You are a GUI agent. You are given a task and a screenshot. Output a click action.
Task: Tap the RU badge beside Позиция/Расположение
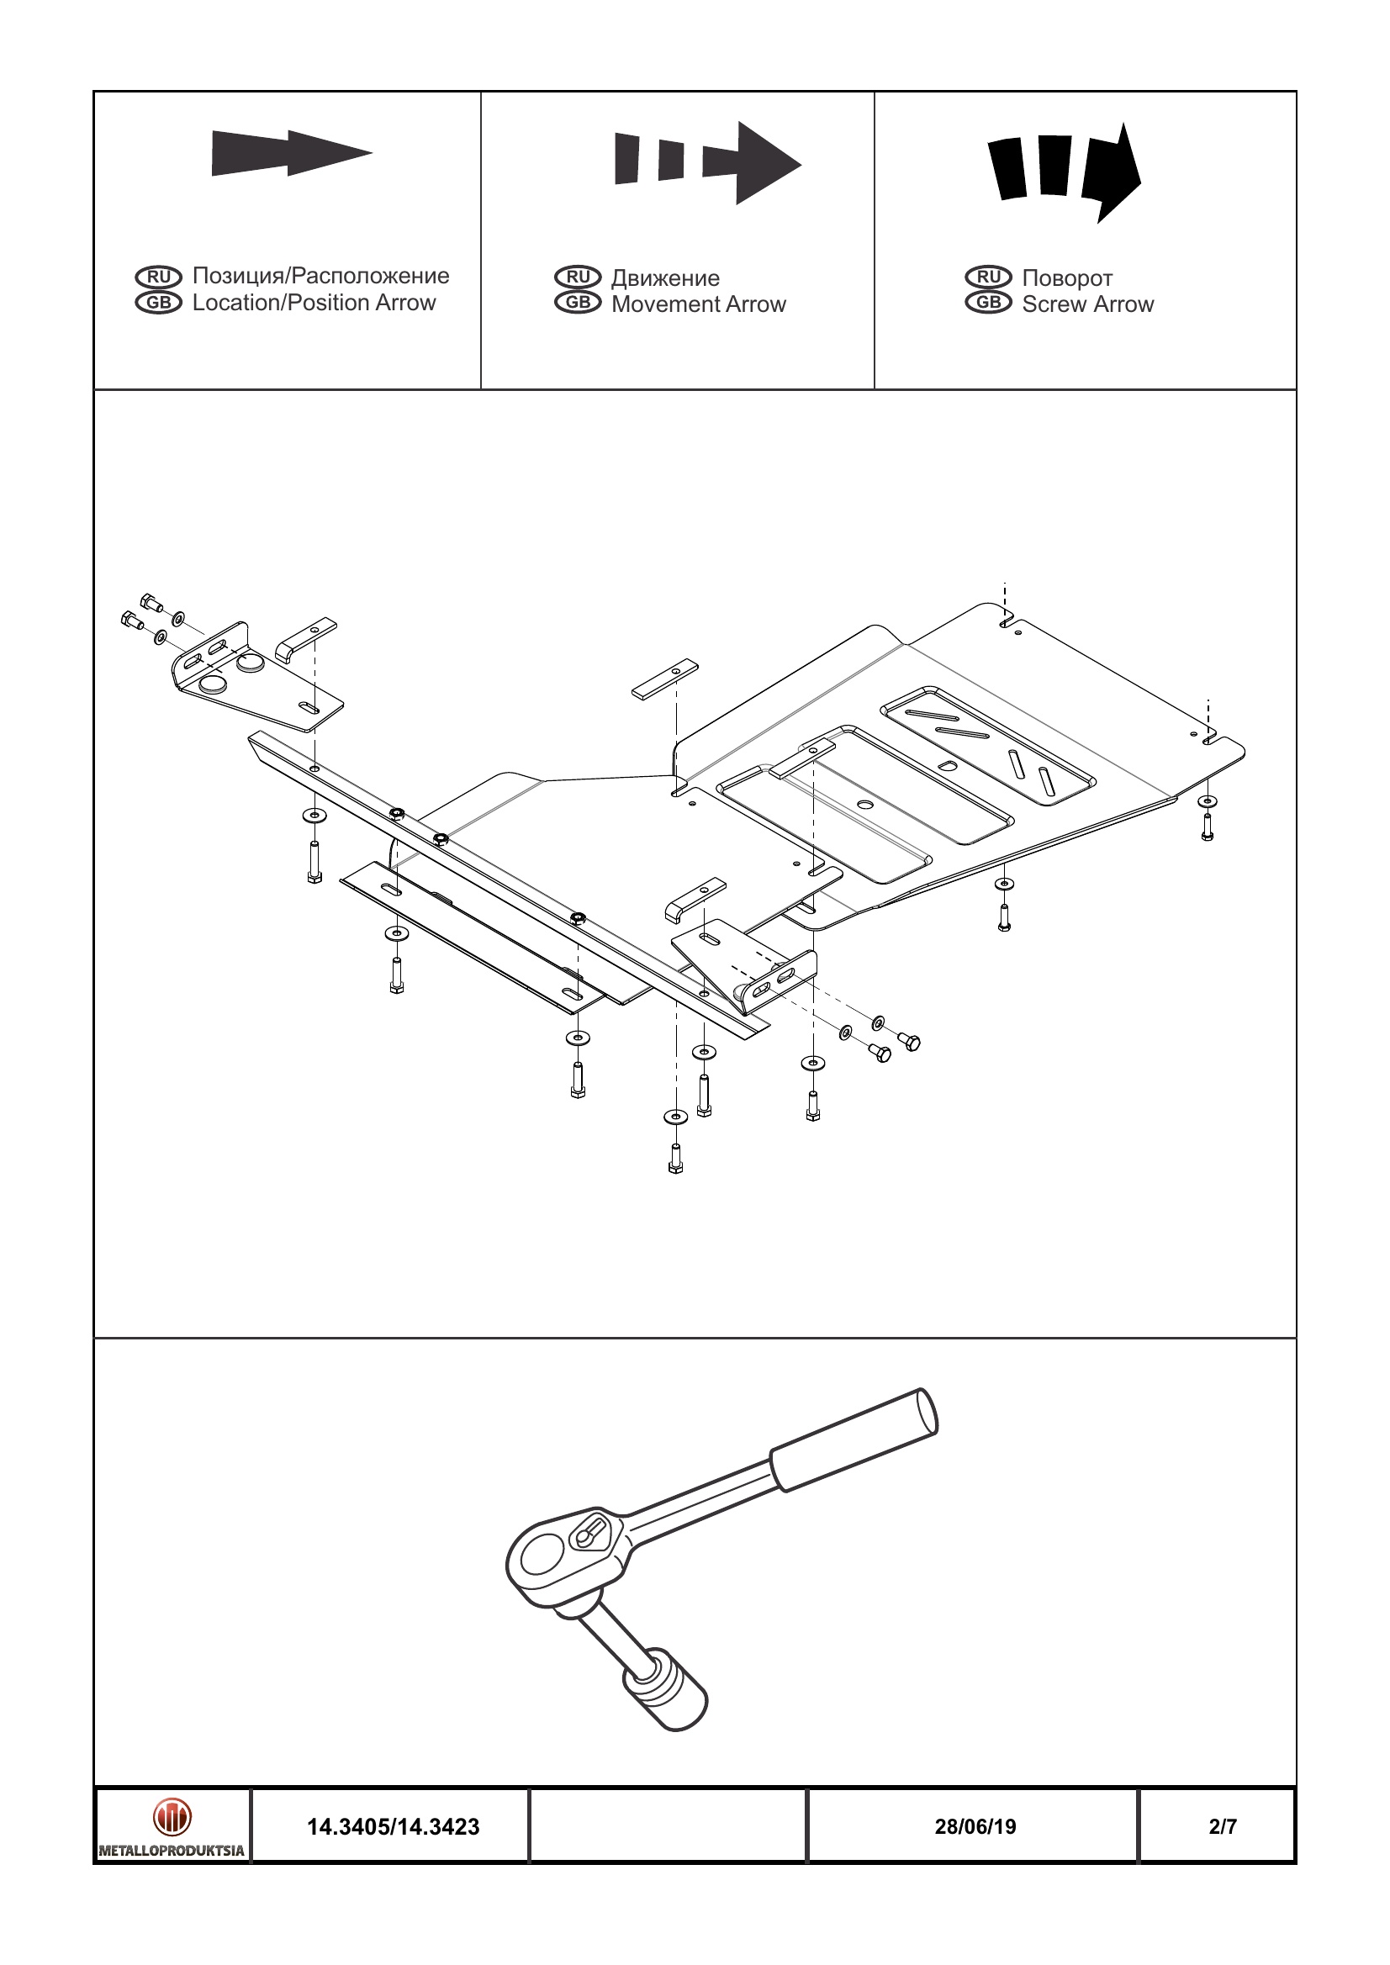tap(158, 277)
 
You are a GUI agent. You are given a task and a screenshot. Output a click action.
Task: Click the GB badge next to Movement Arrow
tap(578, 303)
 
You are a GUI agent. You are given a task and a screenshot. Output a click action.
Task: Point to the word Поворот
tap(1066, 278)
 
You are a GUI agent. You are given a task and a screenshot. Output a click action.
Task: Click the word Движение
tap(665, 278)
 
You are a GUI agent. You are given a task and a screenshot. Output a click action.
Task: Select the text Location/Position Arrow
tap(314, 303)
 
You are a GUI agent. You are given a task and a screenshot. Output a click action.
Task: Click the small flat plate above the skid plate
tap(665, 679)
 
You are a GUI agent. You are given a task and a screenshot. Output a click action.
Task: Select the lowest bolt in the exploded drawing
tap(675, 1159)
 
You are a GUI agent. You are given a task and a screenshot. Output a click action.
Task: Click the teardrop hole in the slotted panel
tap(947, 765)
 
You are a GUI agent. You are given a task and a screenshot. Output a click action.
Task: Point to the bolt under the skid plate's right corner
tap(1207, 827)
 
